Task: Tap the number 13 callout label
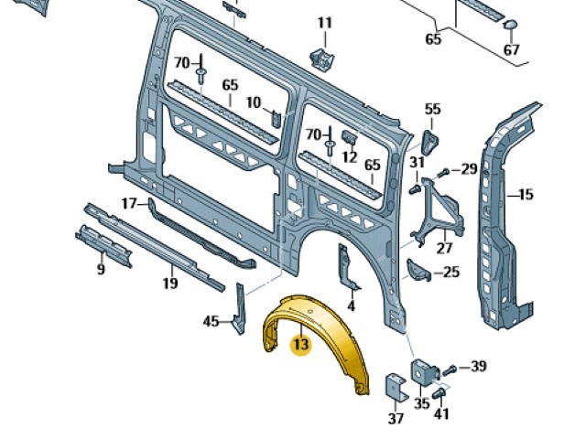[x=300, y=345]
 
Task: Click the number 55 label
[x=432, y=110]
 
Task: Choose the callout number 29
[x=469, y=169]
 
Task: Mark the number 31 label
[x=417, y=163]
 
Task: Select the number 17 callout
[x=130, y=202]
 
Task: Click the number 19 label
[x=169, y=284]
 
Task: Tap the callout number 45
[x=211, y=320]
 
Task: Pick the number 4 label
[x=352, y=306]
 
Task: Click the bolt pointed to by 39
[x=449, y=369]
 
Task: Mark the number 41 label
[x=442, y=414]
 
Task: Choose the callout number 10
[x=254, y=102]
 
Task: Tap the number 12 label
[x=349, y=157]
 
